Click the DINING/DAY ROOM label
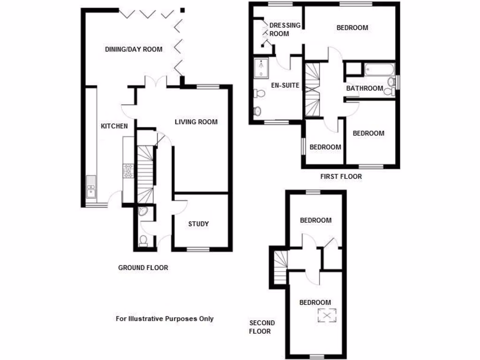tap(134, 49)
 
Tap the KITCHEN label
tap(114, 126)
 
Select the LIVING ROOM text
tap(196, 122)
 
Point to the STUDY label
tap(198, 224)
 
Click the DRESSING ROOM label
tap(285, 30)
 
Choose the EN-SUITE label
tap(285, 86)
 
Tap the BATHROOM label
tap(365, 88)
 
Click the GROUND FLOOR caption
tap(143, 268)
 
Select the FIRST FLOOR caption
tap(341, 177)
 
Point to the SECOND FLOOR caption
tap(262, 327)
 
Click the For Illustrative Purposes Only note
tap(165, 319)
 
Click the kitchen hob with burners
tap(127, 172)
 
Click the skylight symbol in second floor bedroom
tap(327, 315)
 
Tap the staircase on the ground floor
tap(146, 173)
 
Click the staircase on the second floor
tap(280, 267)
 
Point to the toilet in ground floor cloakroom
tap(144, 241)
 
